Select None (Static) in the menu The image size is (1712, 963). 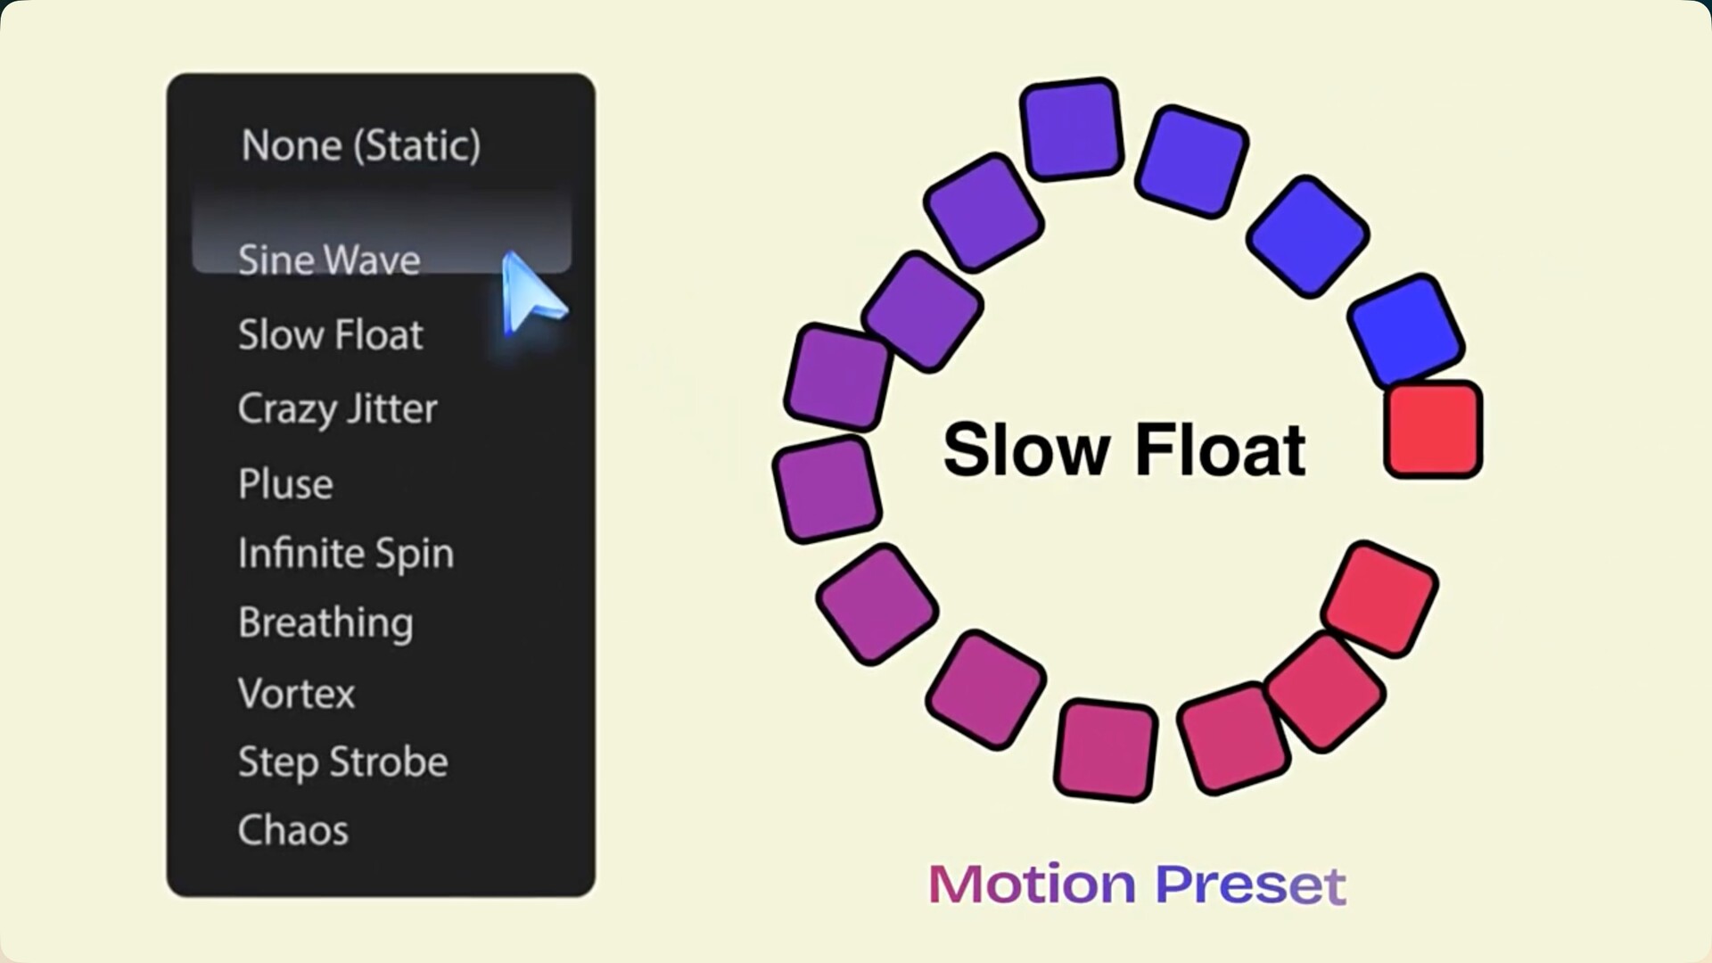click(361, 145)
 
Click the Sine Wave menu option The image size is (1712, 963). click(329, 259)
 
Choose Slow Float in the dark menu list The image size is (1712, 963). click(330, 334)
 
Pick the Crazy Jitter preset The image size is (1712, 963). click(337, 409)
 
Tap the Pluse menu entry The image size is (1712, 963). click(285, 483)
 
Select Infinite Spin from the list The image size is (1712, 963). click(346, 554)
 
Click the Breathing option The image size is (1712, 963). click(325, 623)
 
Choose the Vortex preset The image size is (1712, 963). click(296, 694)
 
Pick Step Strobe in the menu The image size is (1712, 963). click(342, 762)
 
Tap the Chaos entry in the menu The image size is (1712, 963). click(292, 830)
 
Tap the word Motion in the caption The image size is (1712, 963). click(1032, 885)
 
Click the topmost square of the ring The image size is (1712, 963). click(1071, 128)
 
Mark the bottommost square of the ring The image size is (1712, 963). click(1106, 750)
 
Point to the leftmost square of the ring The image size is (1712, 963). click(827, 489)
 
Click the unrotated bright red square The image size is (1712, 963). click(1433, 429)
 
